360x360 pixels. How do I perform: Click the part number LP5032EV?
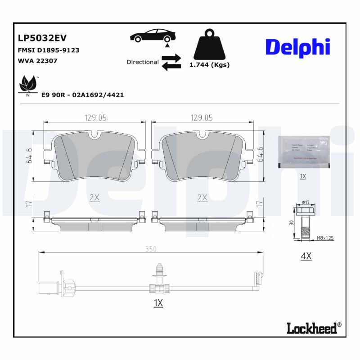42,38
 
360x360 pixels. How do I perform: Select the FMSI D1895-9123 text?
48,50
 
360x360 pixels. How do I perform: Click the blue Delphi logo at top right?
297,47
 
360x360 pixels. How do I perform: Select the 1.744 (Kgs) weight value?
209,65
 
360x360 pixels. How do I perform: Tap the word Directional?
142,62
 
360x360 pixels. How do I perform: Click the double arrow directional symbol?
171,62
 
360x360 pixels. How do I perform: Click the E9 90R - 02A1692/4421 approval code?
82,95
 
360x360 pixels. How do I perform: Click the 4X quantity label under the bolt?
306,256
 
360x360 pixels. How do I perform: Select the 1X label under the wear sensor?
157,303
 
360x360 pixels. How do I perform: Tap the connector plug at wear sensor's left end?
49,286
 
